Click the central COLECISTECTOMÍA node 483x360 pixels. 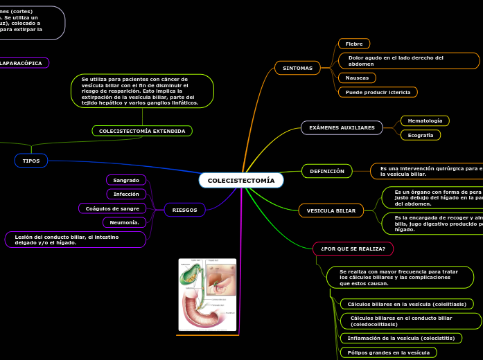tap(241, 181)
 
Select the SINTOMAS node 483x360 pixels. tap(298, 68)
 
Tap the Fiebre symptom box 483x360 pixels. tap(354, 44)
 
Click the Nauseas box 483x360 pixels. tap(358, 78)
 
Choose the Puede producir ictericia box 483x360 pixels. tap(378, 92)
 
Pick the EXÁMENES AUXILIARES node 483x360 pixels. tap(342, 127)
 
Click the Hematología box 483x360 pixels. tap(425, 121)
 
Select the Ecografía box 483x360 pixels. tap(421, 135)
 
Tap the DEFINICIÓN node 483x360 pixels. tap(327, 171)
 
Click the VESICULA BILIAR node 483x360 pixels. tap(331, 210)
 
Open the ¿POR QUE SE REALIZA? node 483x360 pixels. tap(353, 249)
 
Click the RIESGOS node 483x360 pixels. tap(184, 210)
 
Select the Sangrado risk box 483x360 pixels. tap(126, 180)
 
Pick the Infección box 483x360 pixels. tap(126, 195)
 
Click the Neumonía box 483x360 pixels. tap(124, 222)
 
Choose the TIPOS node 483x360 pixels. tap(31, 161)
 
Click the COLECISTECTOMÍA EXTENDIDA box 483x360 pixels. tap(142, 131)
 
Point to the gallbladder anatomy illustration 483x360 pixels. tap(207, 294)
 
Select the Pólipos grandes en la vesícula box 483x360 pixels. tap(388, 352)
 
